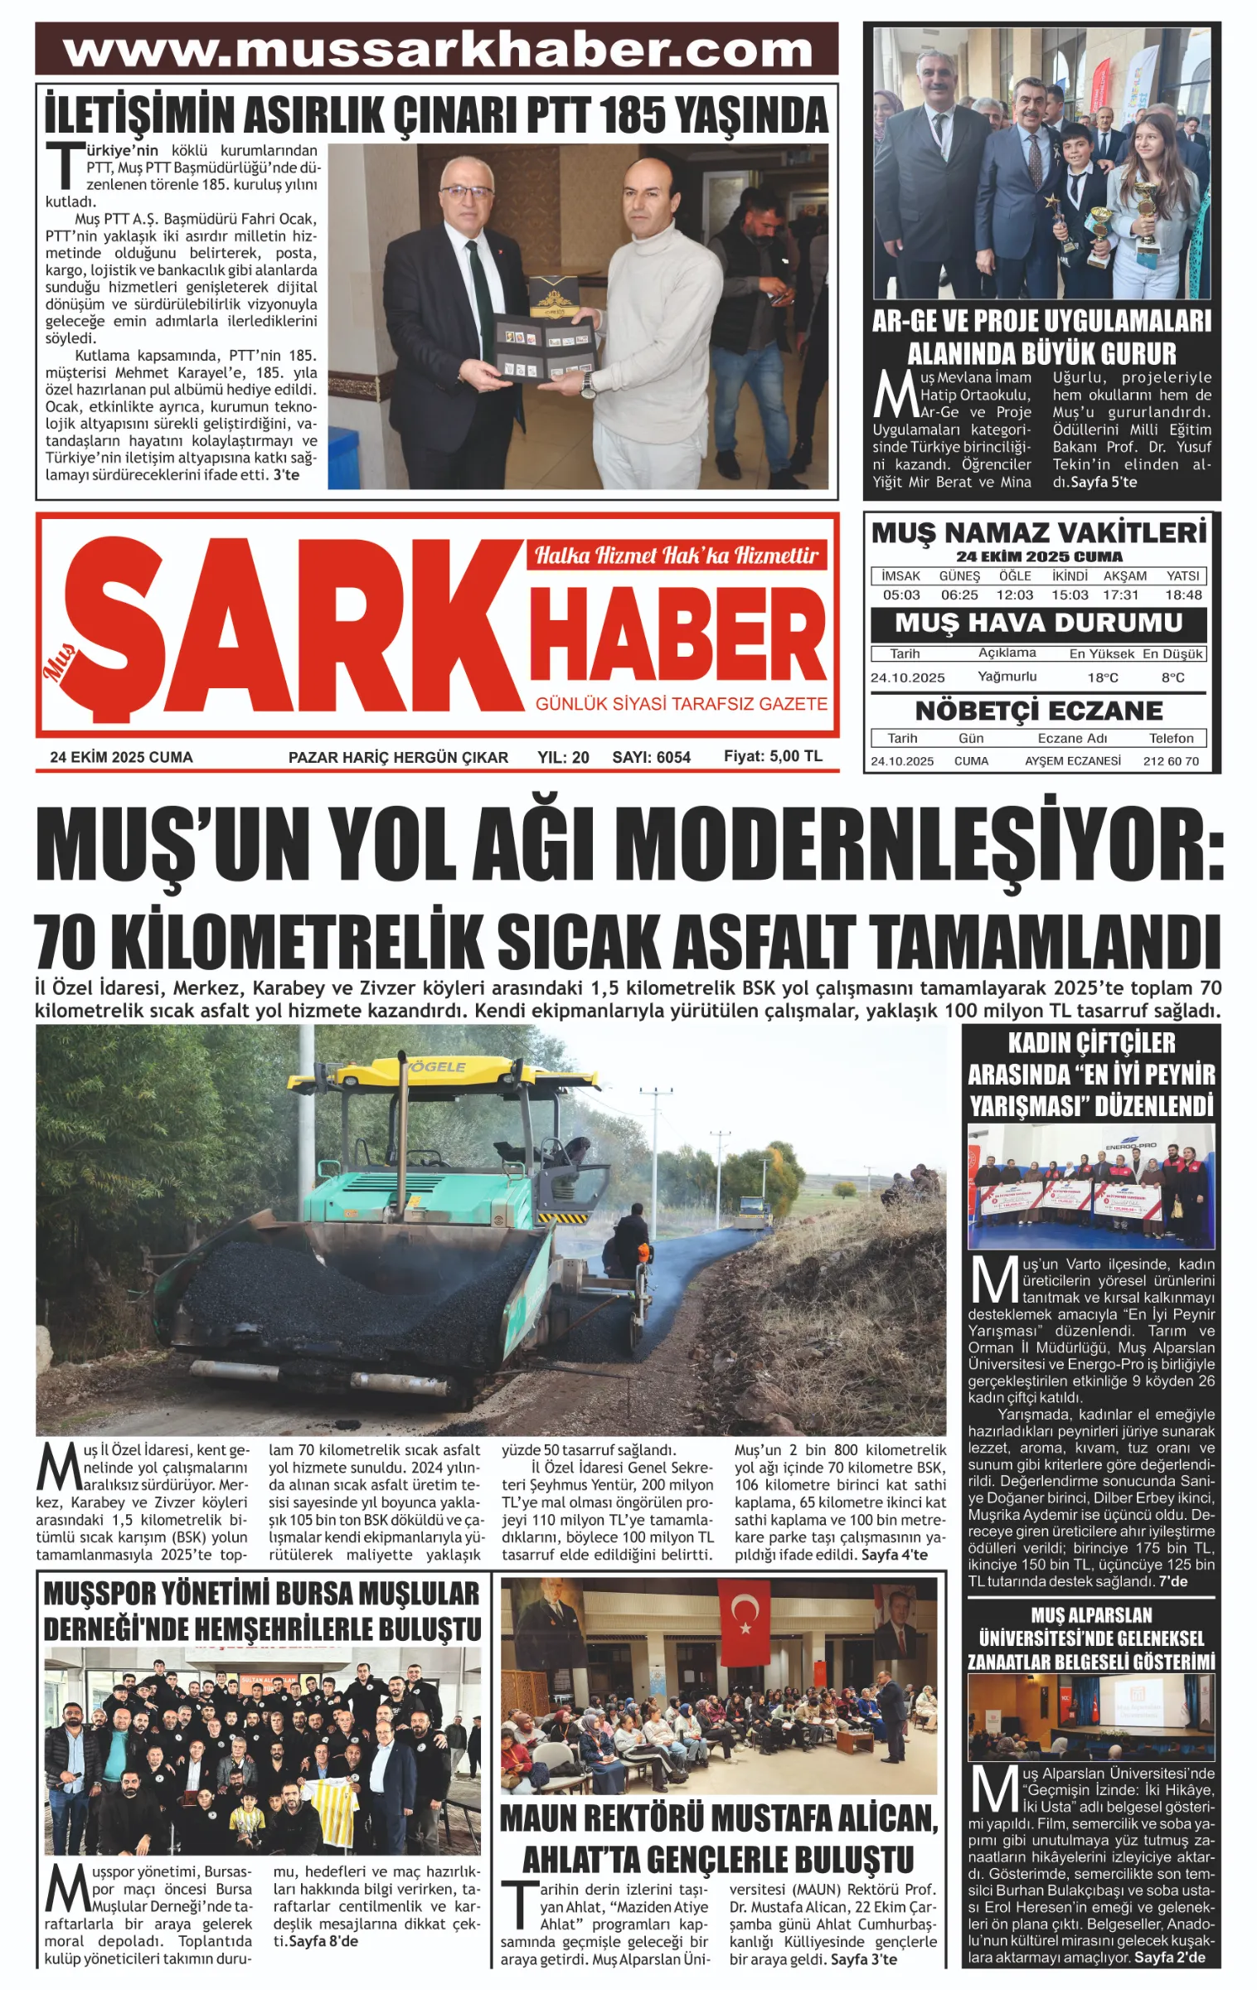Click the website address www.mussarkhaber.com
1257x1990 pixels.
(x=437, y=51)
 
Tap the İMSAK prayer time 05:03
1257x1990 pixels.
(x=901, y=595)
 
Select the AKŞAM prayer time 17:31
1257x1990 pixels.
(x=1121, y=595)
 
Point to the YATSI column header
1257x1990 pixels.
(x=1182, y=575)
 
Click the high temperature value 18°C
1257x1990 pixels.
(x=1103, y=677)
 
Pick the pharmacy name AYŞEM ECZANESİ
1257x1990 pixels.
(x=1072, y=760)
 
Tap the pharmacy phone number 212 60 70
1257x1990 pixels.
(x=1171, y=760)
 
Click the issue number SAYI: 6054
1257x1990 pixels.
(x=651, y=757)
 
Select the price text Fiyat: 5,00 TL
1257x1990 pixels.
(x=773, y=756)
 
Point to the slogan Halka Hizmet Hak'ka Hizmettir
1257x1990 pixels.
(x=676, y=555)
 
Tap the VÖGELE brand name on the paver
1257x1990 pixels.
(x=434, y=1066)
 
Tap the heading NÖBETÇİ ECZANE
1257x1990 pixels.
(x=1038, y=711)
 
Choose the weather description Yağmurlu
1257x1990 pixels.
(x=1007, y=677)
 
